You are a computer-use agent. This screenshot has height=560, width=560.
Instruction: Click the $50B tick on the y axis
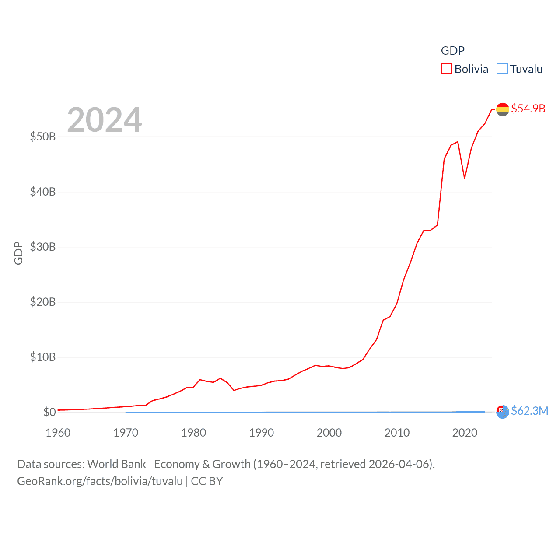tap(43, 136)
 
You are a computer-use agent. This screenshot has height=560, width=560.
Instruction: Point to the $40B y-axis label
tap(43, 192)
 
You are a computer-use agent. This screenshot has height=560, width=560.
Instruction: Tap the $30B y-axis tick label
tap(43, 247)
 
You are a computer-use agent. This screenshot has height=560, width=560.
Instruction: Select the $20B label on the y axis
tap(43, 302)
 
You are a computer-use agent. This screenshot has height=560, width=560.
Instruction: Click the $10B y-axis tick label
tap(43, 357)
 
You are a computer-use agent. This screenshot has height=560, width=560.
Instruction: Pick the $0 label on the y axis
tap(49, 412)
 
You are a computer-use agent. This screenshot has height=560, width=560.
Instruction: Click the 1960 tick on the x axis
tap(58, 433)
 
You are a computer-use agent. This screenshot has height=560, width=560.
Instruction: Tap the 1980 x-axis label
tap(194, 433)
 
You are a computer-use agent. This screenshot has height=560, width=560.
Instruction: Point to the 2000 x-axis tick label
tap(329, 433)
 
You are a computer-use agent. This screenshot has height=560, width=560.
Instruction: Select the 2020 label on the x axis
tap(465, 433)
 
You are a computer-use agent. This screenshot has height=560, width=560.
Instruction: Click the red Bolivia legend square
tap(446, 69)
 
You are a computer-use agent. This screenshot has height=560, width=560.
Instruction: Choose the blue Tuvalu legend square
tap(502, 69)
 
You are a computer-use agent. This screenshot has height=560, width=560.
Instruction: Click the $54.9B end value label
tap(528, 108)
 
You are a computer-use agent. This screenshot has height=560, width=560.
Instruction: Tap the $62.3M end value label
tap(529, 411)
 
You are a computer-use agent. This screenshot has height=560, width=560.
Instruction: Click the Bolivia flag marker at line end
tap(503, 109)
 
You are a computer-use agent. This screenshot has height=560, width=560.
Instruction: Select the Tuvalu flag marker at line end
tap(503, 412)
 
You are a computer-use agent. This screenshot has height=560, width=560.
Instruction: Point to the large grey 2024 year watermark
tap(105, 120)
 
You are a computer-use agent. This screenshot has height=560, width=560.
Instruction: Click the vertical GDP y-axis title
tap(18, 253)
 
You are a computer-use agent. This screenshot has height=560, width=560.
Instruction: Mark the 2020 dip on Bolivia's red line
tap(465, 178)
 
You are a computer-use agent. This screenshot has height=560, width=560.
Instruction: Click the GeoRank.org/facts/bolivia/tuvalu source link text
tap(100, 481)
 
